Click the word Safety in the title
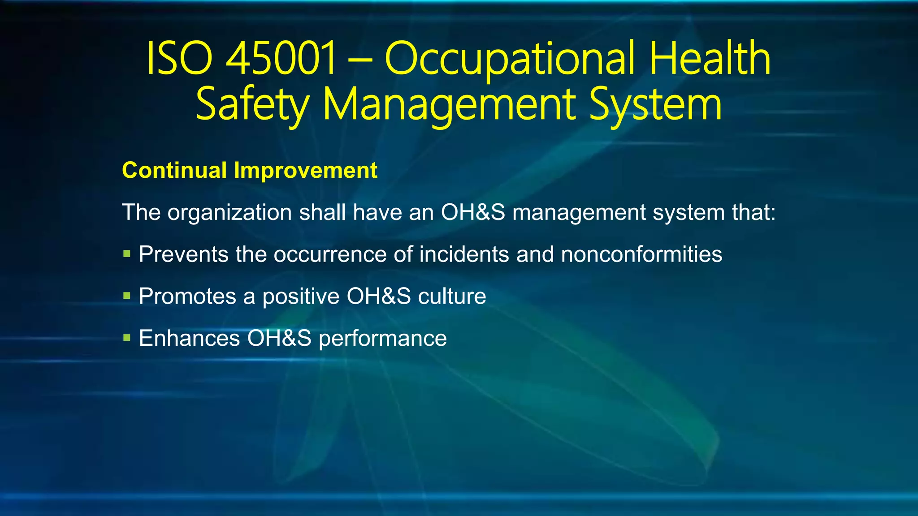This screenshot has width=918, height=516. tap(252, 106)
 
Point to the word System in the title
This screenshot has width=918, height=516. tap(655, 106)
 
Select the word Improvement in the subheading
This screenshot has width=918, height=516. tap(306, 171)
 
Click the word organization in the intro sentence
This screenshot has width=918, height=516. tap(230, 213)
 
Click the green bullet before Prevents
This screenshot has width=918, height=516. tap(127, 254)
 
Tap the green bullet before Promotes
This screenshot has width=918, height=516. tap(127, 296)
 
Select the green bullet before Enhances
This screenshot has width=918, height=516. tap(127, 337)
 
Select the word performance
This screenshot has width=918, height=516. tap(382, 339)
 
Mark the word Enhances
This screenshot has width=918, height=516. tap(189, 338)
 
